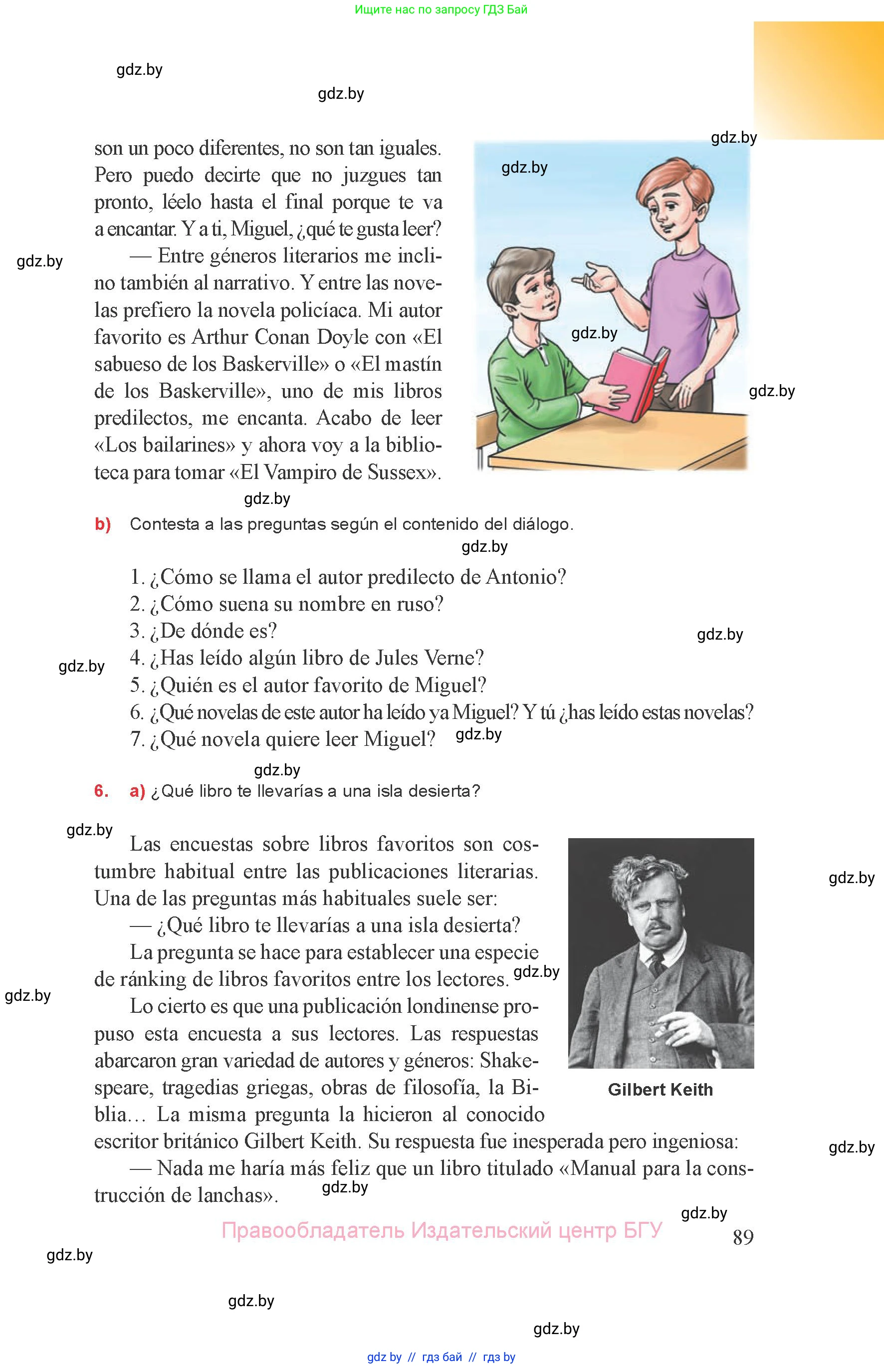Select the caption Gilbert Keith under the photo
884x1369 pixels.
pos(660,1090)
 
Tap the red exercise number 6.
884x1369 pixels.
pos(101,791)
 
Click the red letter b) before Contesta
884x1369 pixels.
pos(103,524)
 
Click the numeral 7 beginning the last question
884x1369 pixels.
pos(136,739)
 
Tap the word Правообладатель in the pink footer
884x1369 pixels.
pos(313,1230)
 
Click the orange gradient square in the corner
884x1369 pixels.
pos(818,80)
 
